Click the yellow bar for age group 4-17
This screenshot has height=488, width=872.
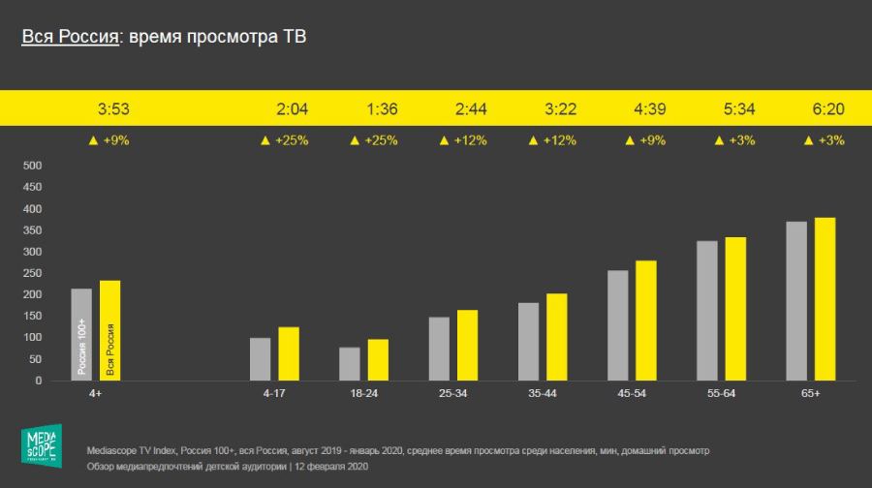click(289, 353)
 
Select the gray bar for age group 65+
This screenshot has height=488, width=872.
click(796, 301)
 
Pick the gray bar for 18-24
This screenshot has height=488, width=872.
click(350, 364)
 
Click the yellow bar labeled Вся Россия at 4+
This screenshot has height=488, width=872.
click(109, 330)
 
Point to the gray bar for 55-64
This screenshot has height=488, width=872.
click(707, 311)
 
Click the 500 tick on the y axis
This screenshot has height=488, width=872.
click(32, 166)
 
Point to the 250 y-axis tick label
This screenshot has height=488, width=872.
click(32, 273)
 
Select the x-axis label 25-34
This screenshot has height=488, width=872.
click(453, 394)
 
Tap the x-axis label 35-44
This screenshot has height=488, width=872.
click(543, 394)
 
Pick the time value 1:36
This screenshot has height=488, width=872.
click(382, 108)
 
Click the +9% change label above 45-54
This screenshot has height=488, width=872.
click(650, 140)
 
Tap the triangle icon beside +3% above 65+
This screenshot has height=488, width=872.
click(809, 140)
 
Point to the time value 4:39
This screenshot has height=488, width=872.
click(649, 108)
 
